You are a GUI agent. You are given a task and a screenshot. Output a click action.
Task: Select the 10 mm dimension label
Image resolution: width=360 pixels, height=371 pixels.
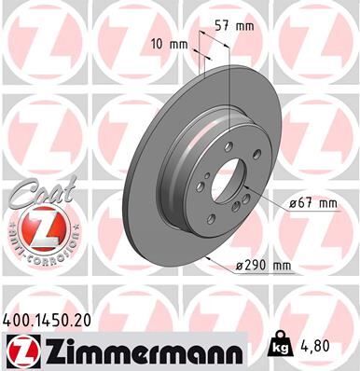tap(168, 44)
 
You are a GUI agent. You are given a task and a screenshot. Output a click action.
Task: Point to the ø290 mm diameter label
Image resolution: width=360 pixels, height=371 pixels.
tap(263, 266)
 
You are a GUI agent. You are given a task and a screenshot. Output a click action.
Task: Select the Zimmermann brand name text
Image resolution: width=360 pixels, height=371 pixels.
tap(140, 350)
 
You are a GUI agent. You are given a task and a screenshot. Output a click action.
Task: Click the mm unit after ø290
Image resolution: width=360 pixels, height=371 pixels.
tap(281, 266)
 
